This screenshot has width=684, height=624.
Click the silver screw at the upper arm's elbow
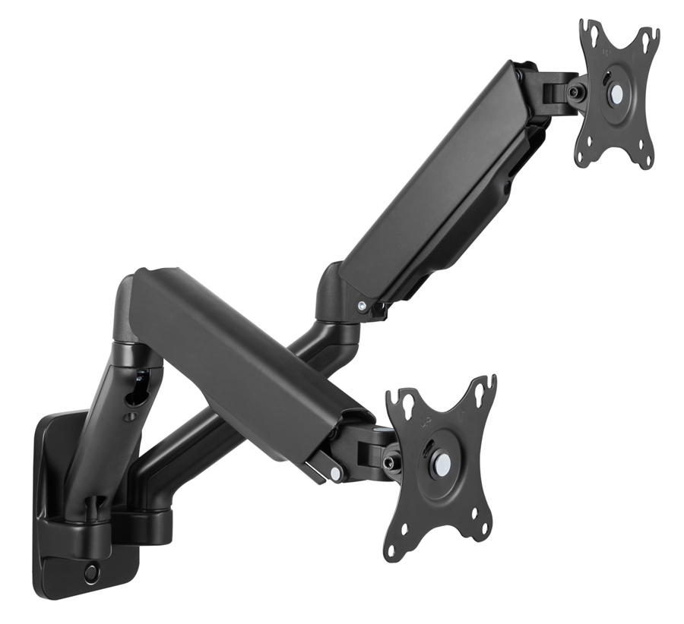coord(362,305)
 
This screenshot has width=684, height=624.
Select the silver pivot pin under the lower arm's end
coord(335,474)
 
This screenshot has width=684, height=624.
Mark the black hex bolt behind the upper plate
coord(576,93)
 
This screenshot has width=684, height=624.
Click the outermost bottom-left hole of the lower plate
coord(392,551)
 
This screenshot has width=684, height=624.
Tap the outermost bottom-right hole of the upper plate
coord(647,160)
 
